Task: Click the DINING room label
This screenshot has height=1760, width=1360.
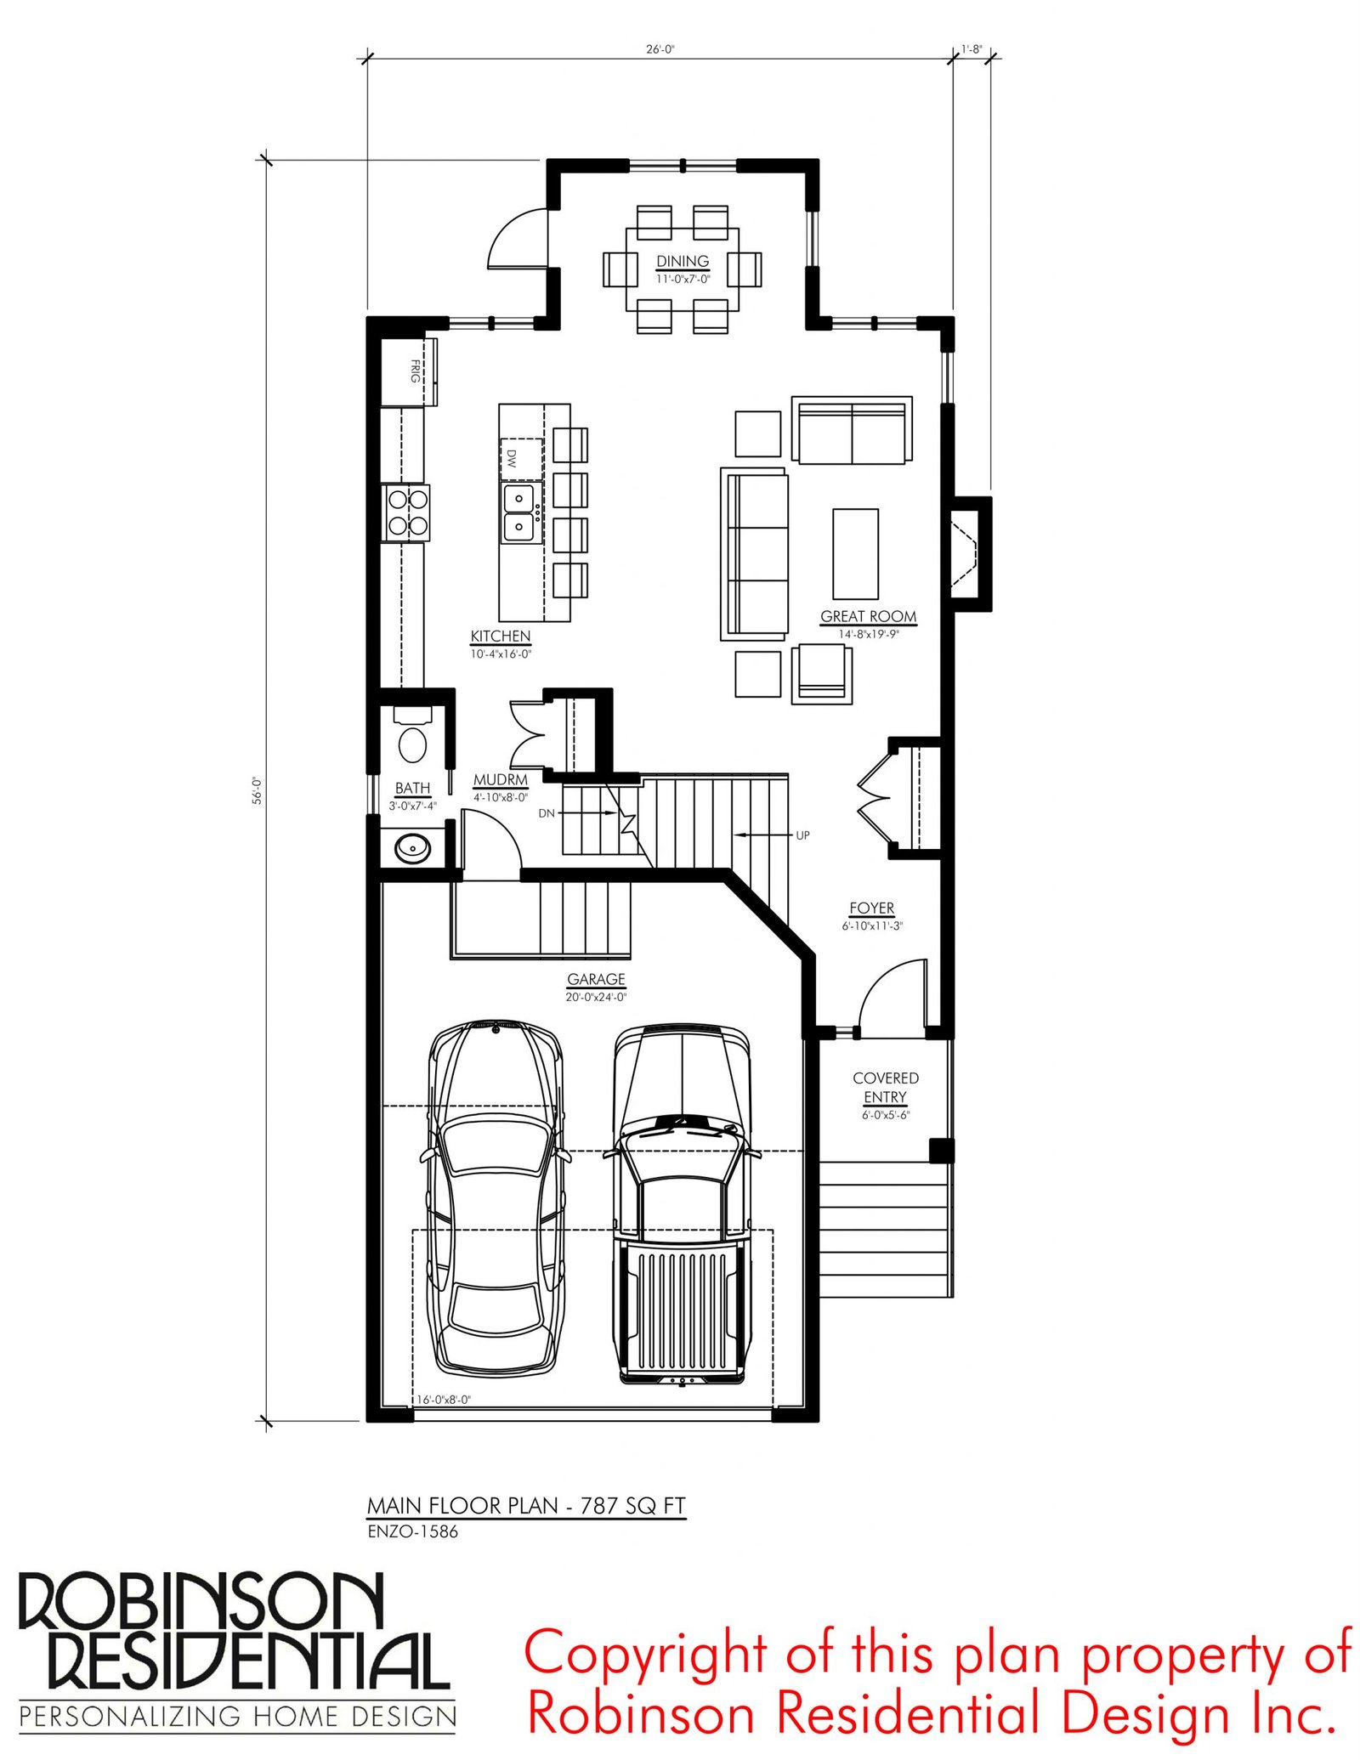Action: (x=683, y=261)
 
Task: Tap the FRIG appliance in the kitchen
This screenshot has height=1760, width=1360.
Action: (x=410, y=371)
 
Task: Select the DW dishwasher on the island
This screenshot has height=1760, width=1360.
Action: (x=521, y=459)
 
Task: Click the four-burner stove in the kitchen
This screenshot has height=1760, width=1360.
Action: (x=407, y=512)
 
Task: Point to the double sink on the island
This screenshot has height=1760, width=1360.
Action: (x=519, y=513)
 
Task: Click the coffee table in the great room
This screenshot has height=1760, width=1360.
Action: (x=855, y=554)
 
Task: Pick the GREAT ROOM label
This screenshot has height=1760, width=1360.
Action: (x=868, y=616)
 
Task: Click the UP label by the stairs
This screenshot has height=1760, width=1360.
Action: (x=802, y=835)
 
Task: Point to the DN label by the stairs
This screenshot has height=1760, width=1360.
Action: (x=547, y=813)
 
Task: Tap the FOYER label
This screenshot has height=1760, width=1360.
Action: (x=872, y=908)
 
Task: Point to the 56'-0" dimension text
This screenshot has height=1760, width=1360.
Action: (x=257, y=790)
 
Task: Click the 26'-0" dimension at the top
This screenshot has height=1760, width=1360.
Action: (x=660, y=49)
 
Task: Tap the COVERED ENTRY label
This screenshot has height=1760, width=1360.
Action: (x=886, y=1087)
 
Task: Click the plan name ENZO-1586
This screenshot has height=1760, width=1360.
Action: (x=413, y=1531)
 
